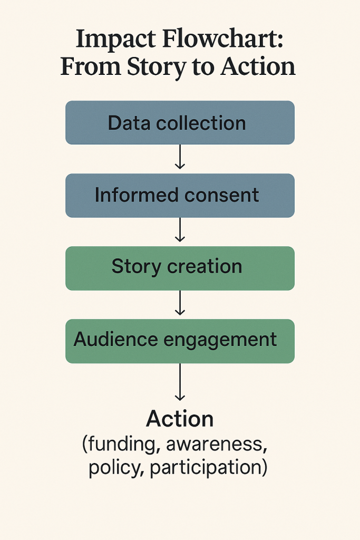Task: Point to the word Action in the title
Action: click(x=258, y=67)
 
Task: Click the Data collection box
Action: click(x=180, y=123)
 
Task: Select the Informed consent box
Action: click(x=180, y=195)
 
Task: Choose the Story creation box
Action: click(x=180, y=267)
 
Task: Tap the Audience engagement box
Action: click(x=180, y=340)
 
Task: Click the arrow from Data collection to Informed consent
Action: click(x=180, y=157)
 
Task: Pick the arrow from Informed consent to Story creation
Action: click(x=180, y=229)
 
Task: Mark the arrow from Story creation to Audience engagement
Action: click(x=180, y=302)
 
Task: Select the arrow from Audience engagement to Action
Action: click(x=180, y=382)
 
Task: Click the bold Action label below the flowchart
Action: click(x=180, y=419)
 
